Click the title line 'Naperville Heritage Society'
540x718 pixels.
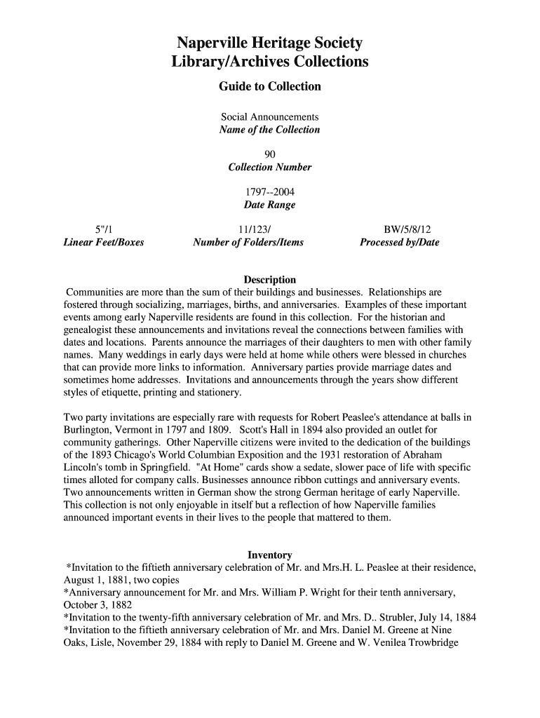click(270, 43)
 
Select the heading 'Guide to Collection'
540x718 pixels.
click(270, 87)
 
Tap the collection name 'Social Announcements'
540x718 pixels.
click(270, 117)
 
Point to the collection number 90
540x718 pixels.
click(270, 154)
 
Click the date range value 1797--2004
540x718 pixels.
click(270, 192)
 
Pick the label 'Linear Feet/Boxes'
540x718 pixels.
click(104, 243)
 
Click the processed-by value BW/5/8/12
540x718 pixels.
click(407, 229)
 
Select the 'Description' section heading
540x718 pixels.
click(270, 280)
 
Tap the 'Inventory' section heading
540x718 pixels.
click(270, 555)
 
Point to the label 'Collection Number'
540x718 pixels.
click(270, 168)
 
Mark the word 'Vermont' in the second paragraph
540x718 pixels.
click(149, 430)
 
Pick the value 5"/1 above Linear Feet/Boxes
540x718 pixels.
click(104, 229)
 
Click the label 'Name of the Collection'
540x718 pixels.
click(270, 130)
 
